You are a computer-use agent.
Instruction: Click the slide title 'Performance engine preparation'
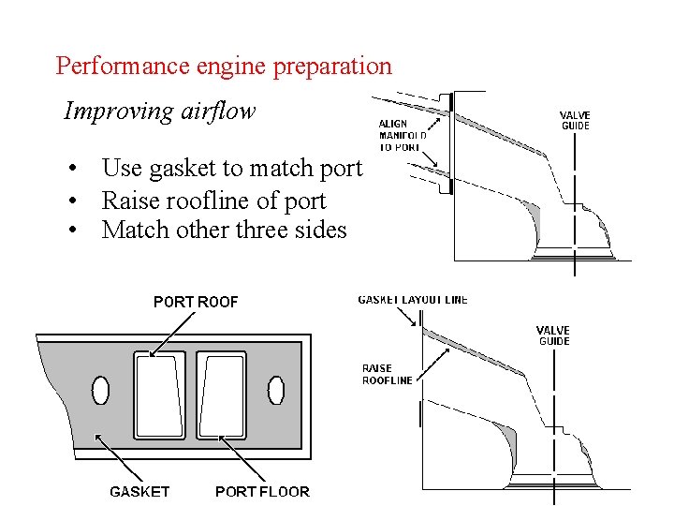point(224,67)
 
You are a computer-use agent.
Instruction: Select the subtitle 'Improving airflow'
point(159,112)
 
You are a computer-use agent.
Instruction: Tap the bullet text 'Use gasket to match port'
point(231,169)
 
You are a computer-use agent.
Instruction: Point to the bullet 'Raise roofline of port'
point(213,201)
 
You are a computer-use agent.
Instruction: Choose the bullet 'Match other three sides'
point(224,230)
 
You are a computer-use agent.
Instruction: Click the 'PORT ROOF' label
point(196,302)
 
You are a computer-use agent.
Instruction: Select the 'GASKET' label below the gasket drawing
point(139,491)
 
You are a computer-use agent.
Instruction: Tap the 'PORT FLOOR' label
point(262,491)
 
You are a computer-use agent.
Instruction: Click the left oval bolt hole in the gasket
point(100,389)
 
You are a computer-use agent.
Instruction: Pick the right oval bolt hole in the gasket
point(276,389)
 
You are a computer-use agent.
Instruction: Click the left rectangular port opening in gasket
point(160,394)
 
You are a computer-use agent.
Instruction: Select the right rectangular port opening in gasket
point(222,394)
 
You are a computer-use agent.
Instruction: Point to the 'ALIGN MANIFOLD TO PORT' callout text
point(403,135)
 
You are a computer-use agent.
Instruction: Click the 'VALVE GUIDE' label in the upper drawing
point(576,121)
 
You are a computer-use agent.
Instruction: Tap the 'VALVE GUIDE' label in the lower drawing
point(553,335)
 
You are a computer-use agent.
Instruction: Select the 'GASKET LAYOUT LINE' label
point(413,300)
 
